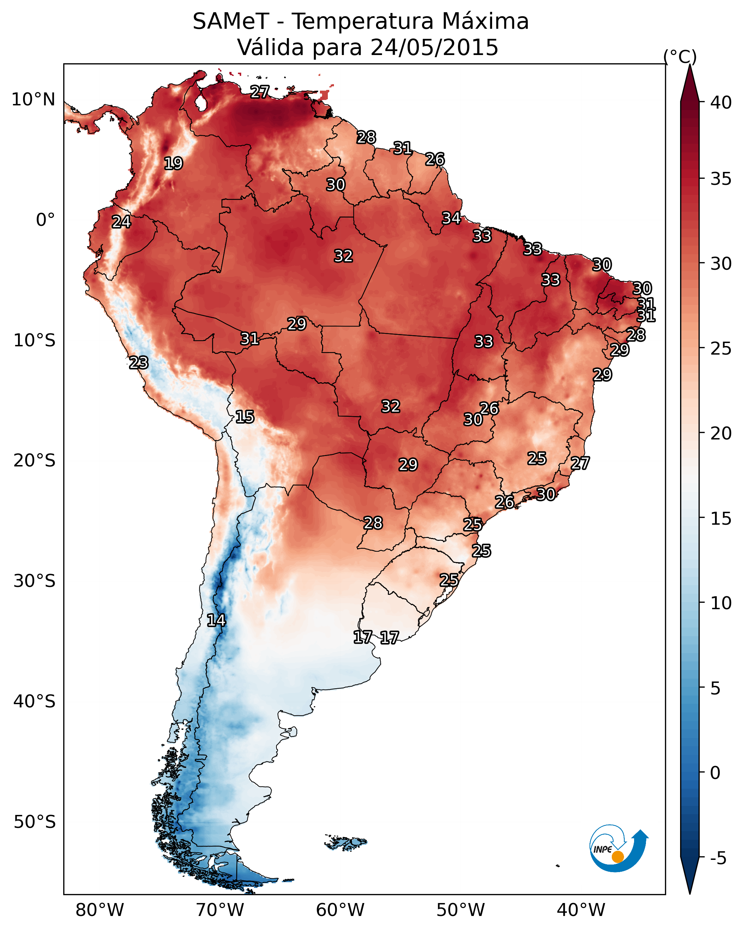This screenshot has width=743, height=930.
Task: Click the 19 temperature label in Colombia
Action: [x=174, y=164]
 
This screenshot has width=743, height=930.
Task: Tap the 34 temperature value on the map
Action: [x=451, y=218]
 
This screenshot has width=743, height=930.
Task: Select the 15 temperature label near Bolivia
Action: [x=245, y=417]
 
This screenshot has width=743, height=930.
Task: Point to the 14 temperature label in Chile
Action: [x=216, y=620]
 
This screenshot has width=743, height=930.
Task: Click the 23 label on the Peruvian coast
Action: [x=139, y=363]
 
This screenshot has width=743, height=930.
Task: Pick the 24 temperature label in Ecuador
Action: [x=121, y=222]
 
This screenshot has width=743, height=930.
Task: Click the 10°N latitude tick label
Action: [x=33, y=100]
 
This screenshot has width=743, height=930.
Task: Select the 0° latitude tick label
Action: [x=46, y=220]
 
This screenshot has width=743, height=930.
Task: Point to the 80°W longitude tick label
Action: [x=100, y=910]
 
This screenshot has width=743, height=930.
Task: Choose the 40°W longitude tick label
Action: [x=581, y=910]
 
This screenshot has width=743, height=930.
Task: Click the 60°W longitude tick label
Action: [x=340, y=910]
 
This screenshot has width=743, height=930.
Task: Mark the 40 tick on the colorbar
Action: [x=721, y=102]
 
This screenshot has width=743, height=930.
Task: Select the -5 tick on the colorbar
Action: [x=718, y=858]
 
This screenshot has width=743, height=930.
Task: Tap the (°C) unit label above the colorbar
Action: [x=680, y=56]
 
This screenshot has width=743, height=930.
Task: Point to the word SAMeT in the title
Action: [x=231, y=22]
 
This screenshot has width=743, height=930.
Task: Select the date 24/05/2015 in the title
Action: [x=434, y=47]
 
